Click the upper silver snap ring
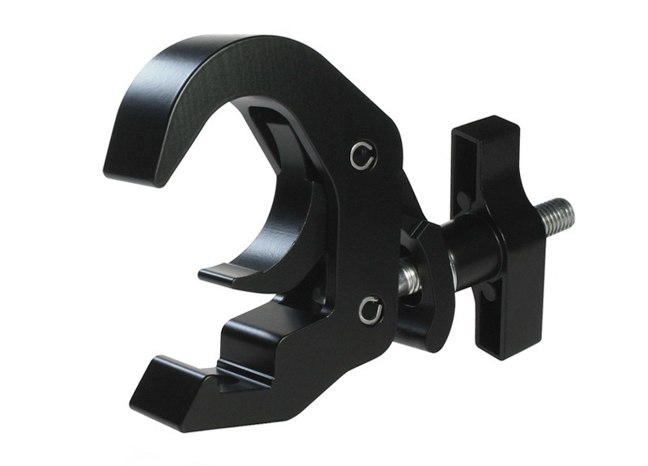[364, 155]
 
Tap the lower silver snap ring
[371, 309]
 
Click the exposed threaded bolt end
[559, 215]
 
